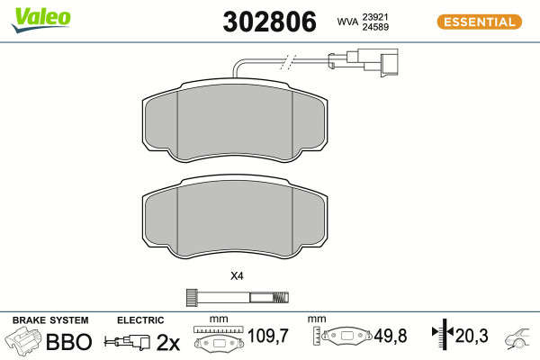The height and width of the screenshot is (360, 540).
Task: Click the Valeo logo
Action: point(41,20)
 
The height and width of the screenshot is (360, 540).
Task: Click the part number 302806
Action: point(269,22)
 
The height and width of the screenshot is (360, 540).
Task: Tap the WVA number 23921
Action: point(375,17)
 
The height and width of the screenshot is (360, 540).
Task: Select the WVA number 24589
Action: point(375,27)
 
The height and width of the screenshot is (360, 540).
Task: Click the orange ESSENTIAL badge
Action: point(480,22)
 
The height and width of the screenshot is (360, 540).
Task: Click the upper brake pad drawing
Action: point(235,121)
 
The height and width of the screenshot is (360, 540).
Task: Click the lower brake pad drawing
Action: point(235,217)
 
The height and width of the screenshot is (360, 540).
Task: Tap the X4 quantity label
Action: point(237,276)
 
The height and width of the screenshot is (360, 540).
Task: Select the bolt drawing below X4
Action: point(238,297)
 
